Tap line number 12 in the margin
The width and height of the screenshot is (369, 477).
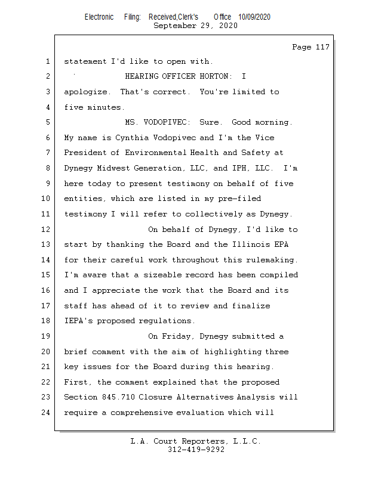coord(47,230)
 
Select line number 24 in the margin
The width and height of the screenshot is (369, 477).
coord(47,413)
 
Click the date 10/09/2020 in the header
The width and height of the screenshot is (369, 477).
coord(254,17)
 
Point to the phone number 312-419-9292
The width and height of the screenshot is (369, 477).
coord(196,450)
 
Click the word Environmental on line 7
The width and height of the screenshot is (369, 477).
coord(154,153)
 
